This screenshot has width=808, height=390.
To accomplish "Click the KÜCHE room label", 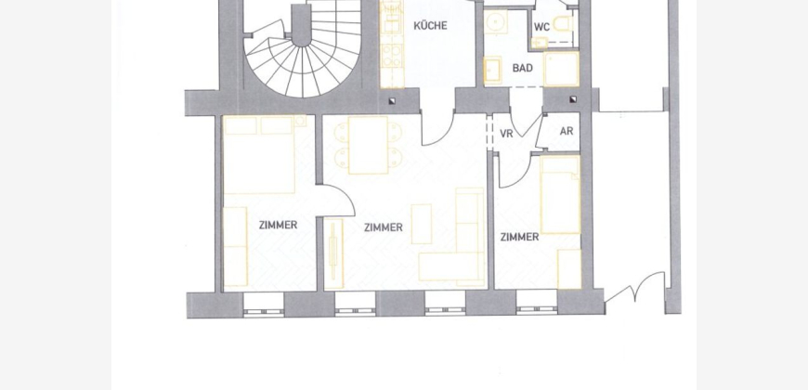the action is [430, 25].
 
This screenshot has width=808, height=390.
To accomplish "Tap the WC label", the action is [541, 27].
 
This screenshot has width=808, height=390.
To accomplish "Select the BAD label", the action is [523, 68].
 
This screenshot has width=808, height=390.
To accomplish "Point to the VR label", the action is [506, 134].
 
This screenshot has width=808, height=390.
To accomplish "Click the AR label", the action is [567, 131].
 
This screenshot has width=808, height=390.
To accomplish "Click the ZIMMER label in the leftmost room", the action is [279, 225].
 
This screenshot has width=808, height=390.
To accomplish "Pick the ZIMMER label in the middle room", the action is [384, 227].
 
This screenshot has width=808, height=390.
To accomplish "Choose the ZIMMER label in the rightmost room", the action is [519, 237].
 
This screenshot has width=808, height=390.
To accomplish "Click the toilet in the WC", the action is [563, 24].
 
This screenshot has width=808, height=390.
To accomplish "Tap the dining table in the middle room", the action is [368, 145].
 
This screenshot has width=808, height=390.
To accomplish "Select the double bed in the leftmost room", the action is [259, 154].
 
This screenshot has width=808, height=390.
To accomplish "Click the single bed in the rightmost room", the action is [560, 195].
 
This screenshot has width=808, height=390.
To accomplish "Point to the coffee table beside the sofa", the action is [422, 224].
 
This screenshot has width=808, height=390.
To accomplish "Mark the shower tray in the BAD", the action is [562, 69].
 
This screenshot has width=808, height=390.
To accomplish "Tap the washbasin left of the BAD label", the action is [492, 70].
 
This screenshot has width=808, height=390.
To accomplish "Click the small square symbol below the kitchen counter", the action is [392, 101].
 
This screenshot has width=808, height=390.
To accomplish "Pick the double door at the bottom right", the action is [635, 289].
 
